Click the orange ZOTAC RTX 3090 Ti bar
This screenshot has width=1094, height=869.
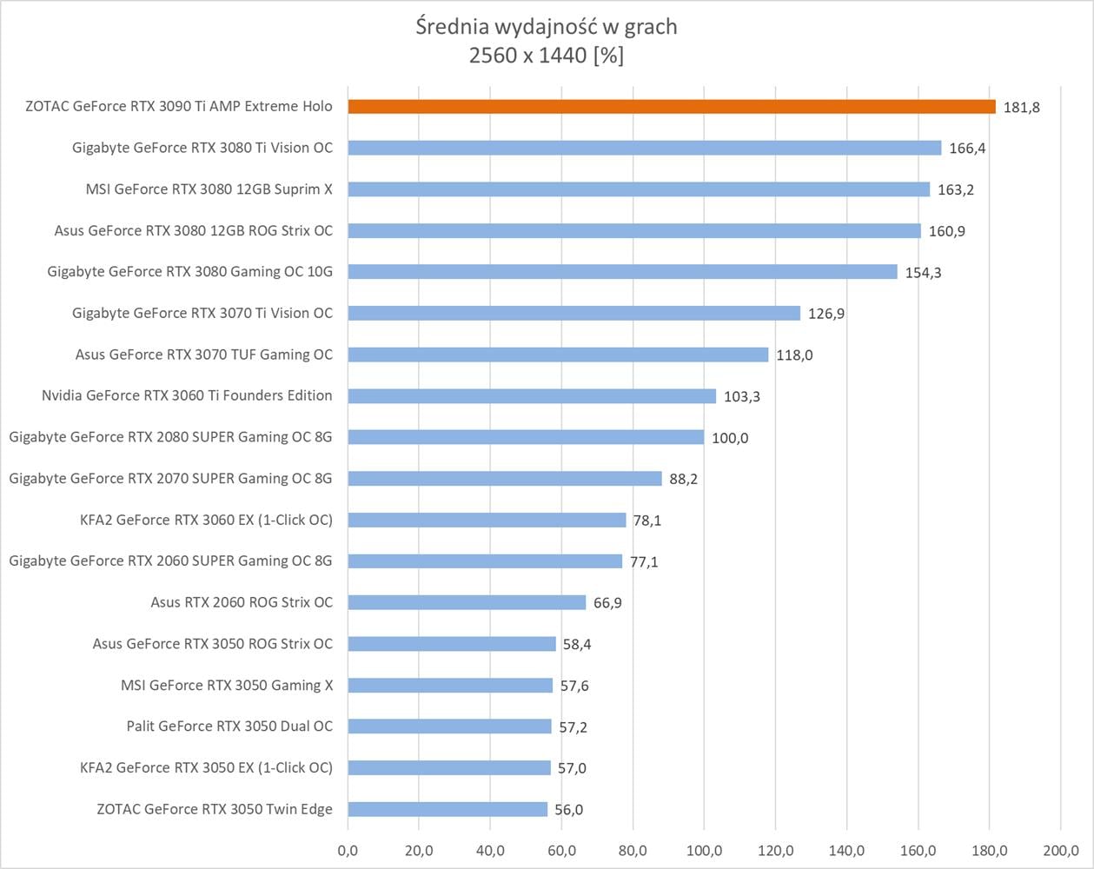672,106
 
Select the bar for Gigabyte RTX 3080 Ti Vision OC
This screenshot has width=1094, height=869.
644,148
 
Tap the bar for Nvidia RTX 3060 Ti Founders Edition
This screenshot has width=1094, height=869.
532,396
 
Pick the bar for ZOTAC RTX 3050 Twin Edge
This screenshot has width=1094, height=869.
448,809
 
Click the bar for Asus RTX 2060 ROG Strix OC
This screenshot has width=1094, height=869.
467,602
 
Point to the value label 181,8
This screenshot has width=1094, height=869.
1021,108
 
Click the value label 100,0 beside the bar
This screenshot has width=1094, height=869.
730,438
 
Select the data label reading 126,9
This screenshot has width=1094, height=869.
826,314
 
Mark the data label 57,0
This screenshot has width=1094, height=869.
569,768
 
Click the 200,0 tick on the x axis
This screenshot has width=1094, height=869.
1059,850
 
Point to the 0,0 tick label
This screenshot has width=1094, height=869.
348,850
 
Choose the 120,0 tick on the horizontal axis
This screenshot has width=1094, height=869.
775,850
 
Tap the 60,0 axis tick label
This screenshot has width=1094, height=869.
561,850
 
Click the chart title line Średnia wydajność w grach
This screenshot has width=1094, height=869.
547,27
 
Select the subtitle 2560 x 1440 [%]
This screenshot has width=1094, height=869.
547,56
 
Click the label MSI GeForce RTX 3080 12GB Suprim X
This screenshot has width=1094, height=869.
209,189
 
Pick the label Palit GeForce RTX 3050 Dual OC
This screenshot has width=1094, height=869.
229,726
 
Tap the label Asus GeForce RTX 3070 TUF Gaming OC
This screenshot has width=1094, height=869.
203,354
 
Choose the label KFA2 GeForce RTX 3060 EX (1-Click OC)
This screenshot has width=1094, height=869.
206,520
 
